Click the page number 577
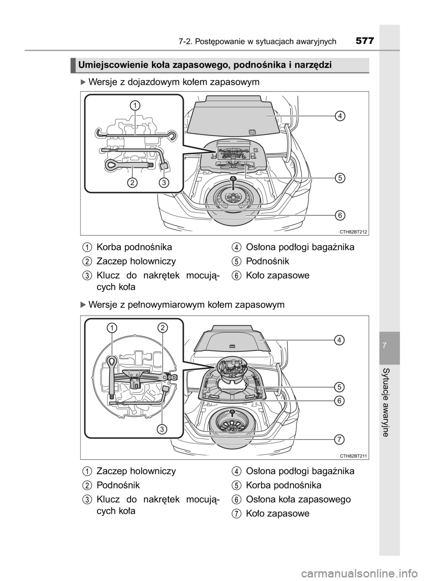click(x=364, y=41)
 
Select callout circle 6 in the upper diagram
click(x=340, y=215)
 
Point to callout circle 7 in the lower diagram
click(x=340, y=439)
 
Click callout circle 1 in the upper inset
click(x=135, y=106)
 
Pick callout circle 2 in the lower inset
click(x=162, y=328)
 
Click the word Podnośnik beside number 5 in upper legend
click(x=267, y=261)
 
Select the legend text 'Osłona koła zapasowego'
click(x=298, y=499)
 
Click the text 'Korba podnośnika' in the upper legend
click(x=134, y=247)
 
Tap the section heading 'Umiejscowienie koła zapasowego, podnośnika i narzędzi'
click(x=205, y=65)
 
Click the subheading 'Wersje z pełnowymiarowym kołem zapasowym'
click(x=186, y=304)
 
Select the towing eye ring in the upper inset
click(x=113, y=164)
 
